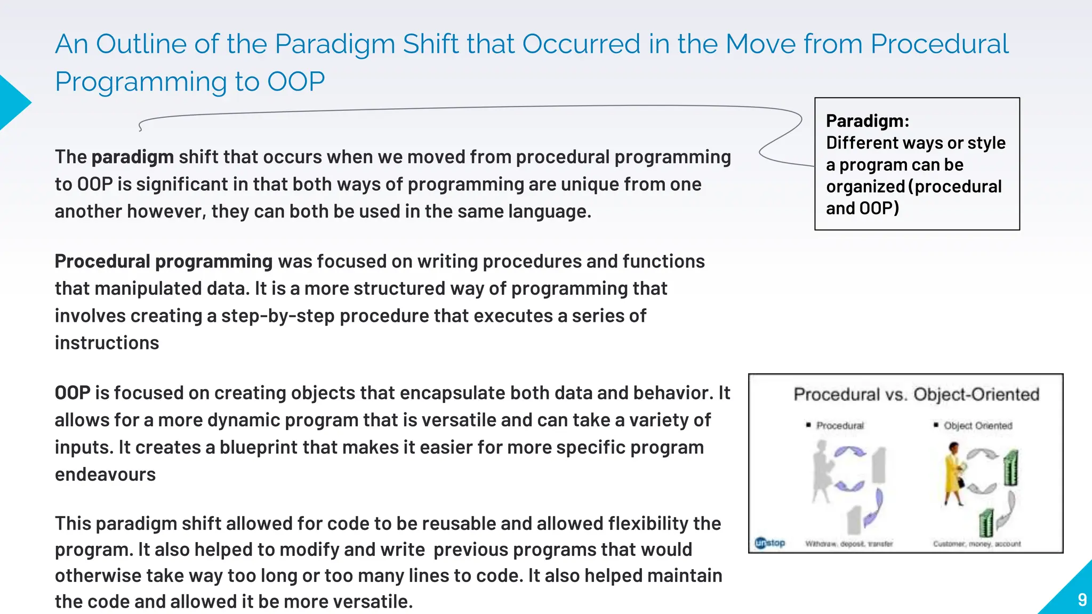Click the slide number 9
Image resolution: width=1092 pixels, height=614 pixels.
pyautogui.click(x=1082, y=600)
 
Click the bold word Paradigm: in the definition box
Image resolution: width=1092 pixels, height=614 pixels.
pyautogui.click(x=867, y=121)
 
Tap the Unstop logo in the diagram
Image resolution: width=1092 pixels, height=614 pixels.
pyautogui.click(x=770, y=543)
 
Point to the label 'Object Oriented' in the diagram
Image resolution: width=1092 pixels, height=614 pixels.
pyautogui.click(x=977, y=425)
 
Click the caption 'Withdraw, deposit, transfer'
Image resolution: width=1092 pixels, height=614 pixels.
pyautogui.click(x=848, y=544)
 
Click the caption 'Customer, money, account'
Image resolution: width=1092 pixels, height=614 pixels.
pyautogui.click(x=976, y=544)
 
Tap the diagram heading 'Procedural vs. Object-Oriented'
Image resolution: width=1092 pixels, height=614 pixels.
pyautogui.click(x=916, y=394)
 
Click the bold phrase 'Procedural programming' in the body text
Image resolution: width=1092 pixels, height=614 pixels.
pyautogui.click(x=164, y=261)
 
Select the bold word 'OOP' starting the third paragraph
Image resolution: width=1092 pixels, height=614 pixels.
pyautogui.click(x=73, y=393)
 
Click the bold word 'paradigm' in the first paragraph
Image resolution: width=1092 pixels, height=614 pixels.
pyautogui.click(x=132, y=157)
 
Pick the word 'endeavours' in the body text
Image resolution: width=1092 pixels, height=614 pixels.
pyautogui.click(x=105, y=474)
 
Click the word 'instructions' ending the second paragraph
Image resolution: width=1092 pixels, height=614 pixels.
pyautogui.click(x=107, y=343)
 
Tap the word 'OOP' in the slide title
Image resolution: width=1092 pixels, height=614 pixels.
pyautogui.click(x=295, y=82)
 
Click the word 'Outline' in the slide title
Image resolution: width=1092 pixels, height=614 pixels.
pyautogui.click(x=141, y=44)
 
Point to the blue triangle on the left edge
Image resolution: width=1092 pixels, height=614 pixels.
pyautogui.click(x=12, y=102)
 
